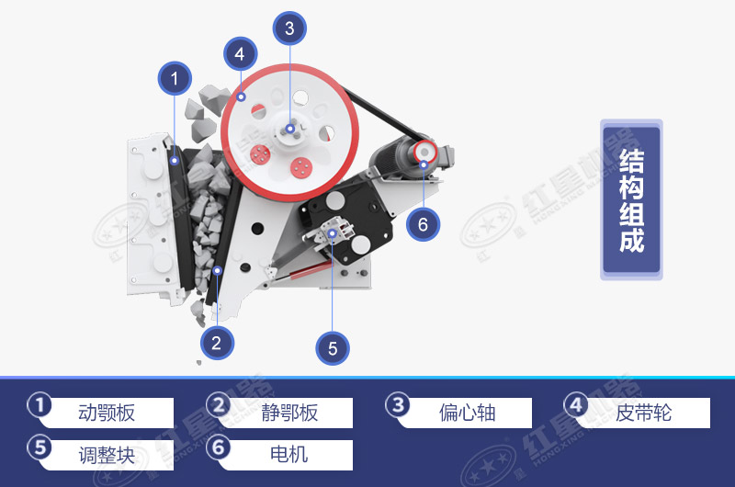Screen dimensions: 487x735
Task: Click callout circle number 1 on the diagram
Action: tap(175, 80)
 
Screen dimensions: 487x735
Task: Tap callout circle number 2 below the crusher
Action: tap(216, 344)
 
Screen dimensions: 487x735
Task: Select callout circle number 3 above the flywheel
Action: tap(289, 28)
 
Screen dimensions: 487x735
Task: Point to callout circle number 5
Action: tap(333, 348)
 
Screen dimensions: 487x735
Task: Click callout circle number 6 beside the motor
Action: tap(423, 223)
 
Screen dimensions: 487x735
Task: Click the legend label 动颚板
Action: tap(107, 413)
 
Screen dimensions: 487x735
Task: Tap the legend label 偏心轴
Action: tap(467, 413)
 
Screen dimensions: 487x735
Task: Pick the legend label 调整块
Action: tap(107, 454)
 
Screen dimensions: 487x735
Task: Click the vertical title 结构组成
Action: tap(631, 200)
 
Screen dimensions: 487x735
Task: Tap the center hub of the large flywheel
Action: tap(289, 129)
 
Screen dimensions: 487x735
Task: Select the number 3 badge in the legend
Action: tap(396, 405)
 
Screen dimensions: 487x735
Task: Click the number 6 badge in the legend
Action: tap(218, 447)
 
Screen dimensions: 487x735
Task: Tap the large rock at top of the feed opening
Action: tap(214, 97)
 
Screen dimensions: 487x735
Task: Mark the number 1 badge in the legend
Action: tap(40, 405)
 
